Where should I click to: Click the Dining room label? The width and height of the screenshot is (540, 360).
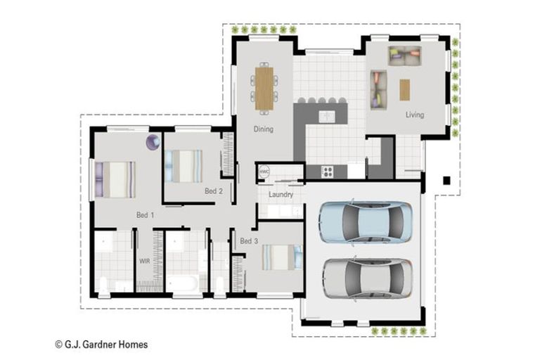(264, 129)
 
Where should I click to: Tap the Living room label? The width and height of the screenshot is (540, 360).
(414, 115)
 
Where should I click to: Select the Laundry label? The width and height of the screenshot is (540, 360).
(281, 195)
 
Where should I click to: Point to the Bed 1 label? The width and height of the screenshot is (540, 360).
(146, 214)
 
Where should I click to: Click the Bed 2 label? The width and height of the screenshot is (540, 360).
(214, 191)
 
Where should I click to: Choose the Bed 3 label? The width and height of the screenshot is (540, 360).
(249, 241)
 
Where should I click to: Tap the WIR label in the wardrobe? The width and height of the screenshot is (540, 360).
(144, 261)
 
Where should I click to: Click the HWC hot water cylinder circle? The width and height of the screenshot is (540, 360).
(264, 171)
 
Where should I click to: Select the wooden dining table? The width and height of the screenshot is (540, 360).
(264, 88)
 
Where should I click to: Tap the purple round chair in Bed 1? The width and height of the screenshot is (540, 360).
(153, 142)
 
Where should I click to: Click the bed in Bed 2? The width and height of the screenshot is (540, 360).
(184, 167)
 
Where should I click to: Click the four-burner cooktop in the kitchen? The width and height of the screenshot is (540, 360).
(328, 171)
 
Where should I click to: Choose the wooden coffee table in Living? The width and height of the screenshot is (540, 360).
(405, 89)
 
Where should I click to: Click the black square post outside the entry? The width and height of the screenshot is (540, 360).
(446, 181)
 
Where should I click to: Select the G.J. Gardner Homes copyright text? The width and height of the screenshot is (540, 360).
(101, 345)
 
